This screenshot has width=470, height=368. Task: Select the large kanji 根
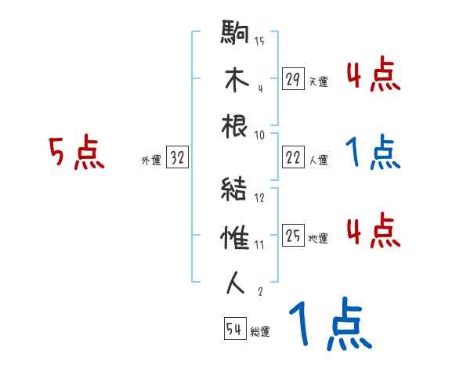click(236, 128)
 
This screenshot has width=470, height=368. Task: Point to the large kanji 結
click(236, 189)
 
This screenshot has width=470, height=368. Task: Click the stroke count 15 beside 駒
click(259, 41)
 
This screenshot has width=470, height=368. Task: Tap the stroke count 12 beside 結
click(259, 197)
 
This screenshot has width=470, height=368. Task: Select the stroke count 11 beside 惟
click(259, 244)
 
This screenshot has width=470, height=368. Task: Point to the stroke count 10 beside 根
click(259, 135)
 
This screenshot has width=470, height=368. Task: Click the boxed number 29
click(293, 79)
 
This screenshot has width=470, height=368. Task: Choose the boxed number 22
click(293, 157)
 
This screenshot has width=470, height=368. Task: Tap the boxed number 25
click(293, 236)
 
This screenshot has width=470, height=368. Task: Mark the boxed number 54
click(234, 329)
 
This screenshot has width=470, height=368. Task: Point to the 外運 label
click(150, 160)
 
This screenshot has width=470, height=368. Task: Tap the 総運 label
click(260, 331)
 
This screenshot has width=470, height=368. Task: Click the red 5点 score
click(76, 153)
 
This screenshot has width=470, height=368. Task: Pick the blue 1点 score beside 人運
click(373, 153)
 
